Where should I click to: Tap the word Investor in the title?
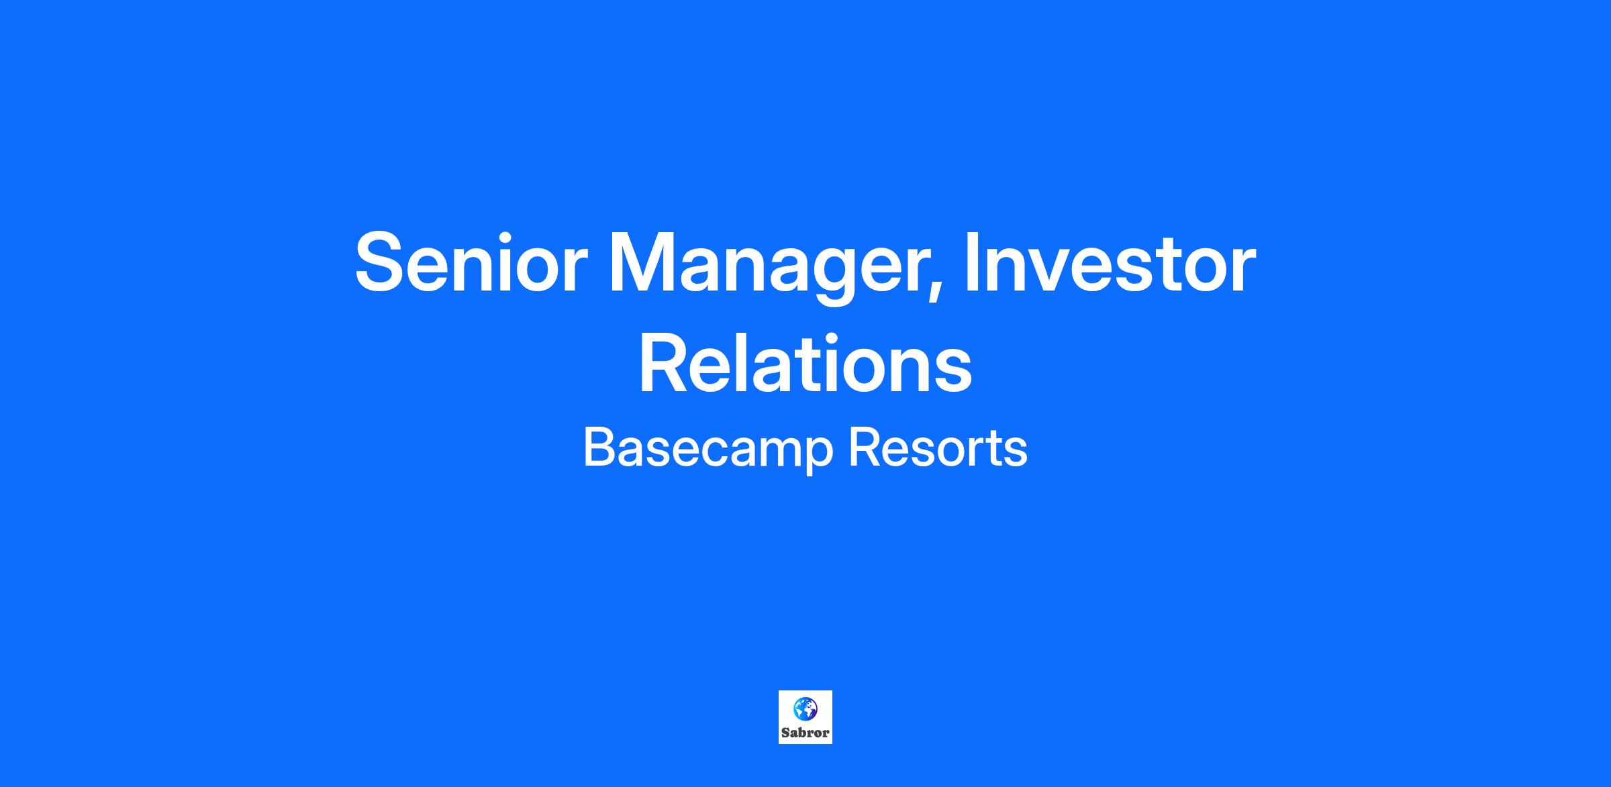[x=1110, y=262]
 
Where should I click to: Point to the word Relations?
[x=805, y=362]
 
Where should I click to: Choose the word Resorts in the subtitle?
[x=938, y=448]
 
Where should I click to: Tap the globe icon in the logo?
[x=805, y=709]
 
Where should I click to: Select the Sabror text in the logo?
[x=805, y=733]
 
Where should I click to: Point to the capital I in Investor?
[x=971, y=262]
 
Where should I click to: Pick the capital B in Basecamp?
[x=599, y=447]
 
